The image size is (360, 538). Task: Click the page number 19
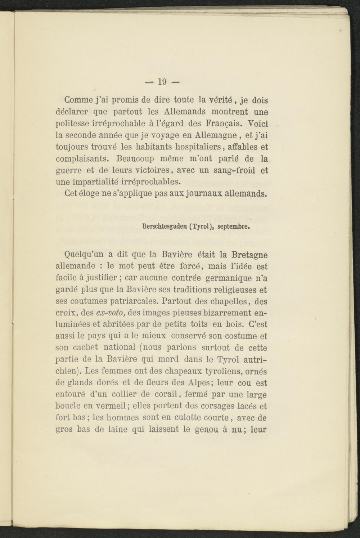coord(162,82)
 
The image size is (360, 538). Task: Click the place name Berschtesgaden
coord(166,227)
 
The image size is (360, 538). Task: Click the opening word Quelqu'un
coord(79,255)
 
